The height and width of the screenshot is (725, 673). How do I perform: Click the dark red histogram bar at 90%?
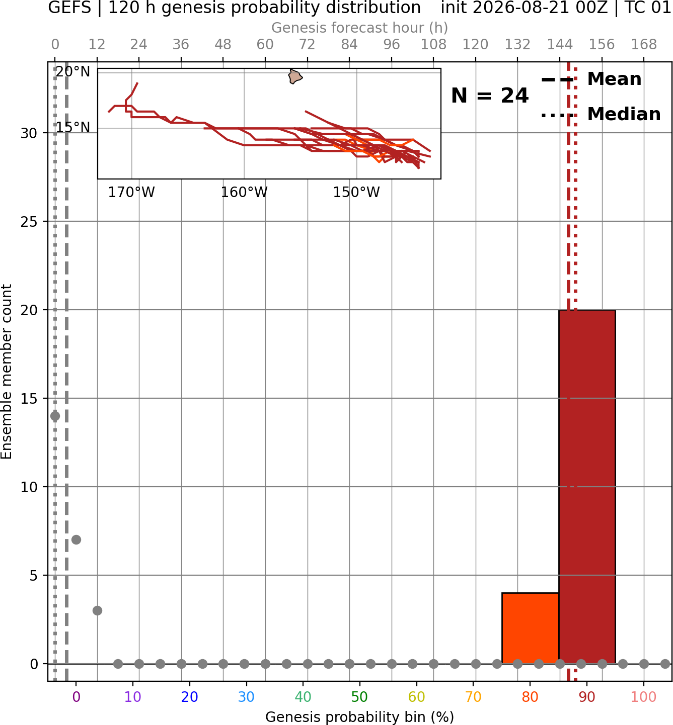click(587, 487)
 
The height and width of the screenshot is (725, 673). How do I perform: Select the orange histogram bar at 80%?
click(531, 628)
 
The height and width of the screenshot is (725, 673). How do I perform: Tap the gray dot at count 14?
click(55, 416)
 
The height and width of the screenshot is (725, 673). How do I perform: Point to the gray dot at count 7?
click(76, 539)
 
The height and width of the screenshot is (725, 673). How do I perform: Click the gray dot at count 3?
click(97, 610)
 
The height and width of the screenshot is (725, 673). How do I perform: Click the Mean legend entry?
click(591, 79)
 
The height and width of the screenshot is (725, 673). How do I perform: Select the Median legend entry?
click(601, 114)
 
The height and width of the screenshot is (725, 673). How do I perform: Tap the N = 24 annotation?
click(489, 96)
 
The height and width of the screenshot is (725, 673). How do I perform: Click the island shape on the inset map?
click(294, 76)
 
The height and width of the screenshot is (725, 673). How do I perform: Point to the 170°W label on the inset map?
click(131, 193)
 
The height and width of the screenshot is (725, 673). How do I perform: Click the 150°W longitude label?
click(356, 193)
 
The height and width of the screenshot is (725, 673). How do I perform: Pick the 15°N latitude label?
click(73, 127)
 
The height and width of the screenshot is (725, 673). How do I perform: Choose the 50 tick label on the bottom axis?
click(359, 697)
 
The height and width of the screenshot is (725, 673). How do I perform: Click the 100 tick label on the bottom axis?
click(643, 697)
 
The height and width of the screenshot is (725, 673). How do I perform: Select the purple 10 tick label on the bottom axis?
click(132, 697)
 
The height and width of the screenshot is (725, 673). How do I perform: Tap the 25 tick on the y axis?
click(29, 222)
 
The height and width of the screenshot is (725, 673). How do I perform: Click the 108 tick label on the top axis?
click(433, 45)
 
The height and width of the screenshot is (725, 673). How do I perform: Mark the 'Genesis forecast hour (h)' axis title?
click(360, 28)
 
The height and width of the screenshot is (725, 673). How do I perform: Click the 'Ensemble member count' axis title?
click(6, 372)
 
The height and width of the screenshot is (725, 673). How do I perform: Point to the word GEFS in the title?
click(69, 8)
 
